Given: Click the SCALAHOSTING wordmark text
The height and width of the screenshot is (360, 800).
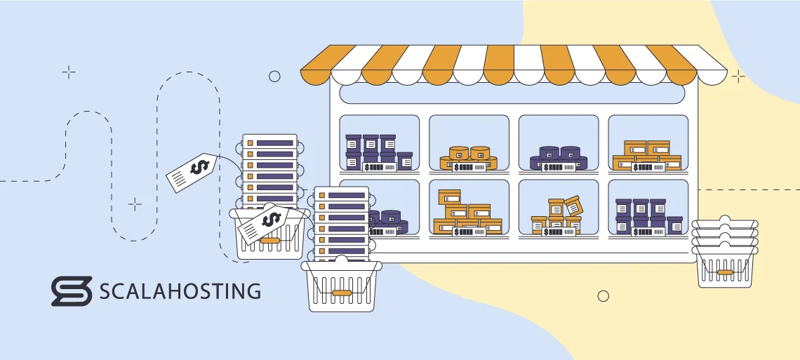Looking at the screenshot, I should [x=180, y=291].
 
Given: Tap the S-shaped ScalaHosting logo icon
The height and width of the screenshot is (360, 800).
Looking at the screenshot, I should [x=71, y=291].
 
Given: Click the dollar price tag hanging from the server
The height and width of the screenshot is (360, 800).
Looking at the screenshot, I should [x=193, y=172].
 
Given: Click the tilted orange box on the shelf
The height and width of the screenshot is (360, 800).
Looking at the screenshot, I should [x=573, y=206].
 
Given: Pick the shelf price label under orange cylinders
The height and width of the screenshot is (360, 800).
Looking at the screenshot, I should [x=469, y=167].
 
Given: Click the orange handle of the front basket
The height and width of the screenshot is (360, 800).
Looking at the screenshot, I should [x=342, y=292].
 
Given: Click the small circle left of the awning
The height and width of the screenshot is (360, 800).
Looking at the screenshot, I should [x=274, y=76].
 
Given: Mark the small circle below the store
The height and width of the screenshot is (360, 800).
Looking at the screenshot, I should [x=603, y=296].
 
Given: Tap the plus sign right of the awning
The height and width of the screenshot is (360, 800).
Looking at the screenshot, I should [x=738, y=76].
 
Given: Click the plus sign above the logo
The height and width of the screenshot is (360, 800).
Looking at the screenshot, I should [x=135, y=204].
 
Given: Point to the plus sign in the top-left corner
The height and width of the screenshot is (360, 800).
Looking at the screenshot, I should [x=69, y=72].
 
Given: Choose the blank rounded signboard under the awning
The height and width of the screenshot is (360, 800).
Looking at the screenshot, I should [x=514, y=94].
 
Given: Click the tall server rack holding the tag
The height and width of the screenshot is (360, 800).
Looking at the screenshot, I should [x=269, y=172].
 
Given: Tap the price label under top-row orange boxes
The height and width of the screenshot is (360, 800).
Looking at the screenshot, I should [x=648, y=167].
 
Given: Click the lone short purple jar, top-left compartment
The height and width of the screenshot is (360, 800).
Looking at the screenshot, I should [x=404, y=161].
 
